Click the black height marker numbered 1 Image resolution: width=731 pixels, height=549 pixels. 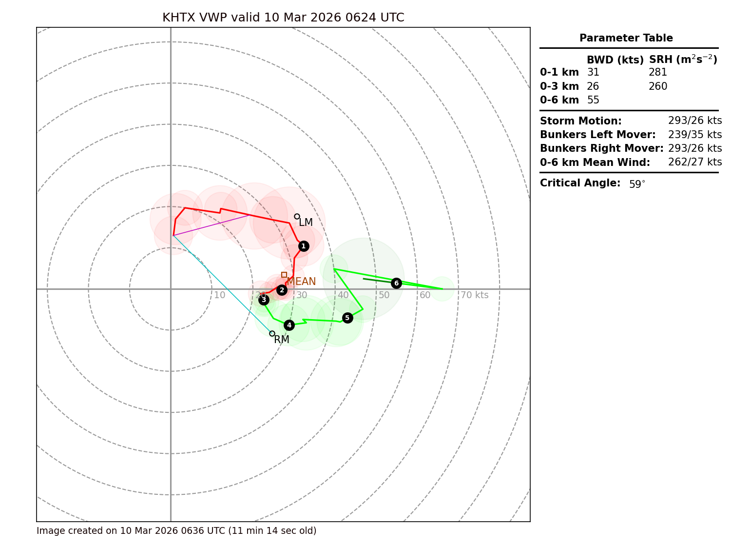coord(304,246)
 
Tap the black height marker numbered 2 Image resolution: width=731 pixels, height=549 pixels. coord(282,290)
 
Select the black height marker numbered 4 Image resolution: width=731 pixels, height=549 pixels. coord(289,325)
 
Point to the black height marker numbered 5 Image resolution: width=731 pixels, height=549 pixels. coord(347,318)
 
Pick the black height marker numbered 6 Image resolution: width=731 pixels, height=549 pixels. coord(396,283)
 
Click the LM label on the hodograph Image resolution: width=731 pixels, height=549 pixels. coord(306,223)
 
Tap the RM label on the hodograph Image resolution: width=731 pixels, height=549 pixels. coord(282,340)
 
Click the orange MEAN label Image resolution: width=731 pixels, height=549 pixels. coord(301,282)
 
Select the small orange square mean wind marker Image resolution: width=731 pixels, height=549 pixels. coord(284,275)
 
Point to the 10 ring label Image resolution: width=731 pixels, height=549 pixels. coord(219,295)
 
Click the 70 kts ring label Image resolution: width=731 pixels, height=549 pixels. coord(474,295)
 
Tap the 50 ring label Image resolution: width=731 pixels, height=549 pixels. coord(384,295)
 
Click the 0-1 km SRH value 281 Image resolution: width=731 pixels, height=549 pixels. coord(657,72)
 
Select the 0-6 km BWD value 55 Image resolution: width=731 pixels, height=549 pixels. coord(593,100)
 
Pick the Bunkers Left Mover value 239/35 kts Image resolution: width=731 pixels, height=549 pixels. coord(695,135)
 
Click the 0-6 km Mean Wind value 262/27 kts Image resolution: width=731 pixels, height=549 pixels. coord(695,162)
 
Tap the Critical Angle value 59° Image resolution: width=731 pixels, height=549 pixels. coord(637,184)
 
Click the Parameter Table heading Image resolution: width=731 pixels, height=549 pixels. coord(626,38)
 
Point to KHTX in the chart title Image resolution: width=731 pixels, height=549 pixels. coord(178,18)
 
